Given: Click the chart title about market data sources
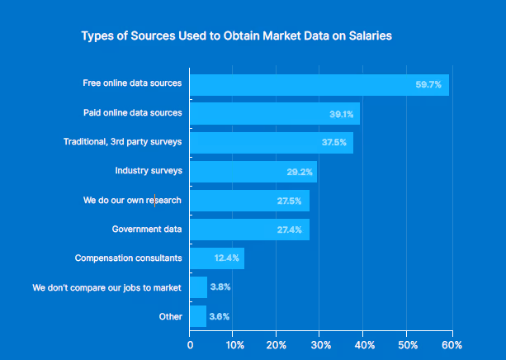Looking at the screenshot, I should tap(236, 36).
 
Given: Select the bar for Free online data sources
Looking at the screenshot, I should tap(319, 84).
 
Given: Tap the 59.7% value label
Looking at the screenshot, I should tap(428, 84).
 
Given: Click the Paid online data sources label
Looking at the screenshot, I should tap(132, 112).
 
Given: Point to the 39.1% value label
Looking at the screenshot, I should tap(342, 114).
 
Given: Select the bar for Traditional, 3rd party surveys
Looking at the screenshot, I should tap(271, 143).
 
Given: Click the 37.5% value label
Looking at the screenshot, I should tap(334, 143).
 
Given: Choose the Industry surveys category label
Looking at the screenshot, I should tap(149, 171).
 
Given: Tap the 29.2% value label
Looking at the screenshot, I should tap(299, 172).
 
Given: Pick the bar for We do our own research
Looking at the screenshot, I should tap(249, 201).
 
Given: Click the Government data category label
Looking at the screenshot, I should tap(146, 229).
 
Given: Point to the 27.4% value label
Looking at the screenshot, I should tap(291, 230).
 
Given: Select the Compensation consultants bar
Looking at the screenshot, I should tap(216, 258).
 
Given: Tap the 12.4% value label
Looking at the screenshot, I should tap(226, 258).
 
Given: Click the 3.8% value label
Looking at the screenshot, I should tap(220, 287).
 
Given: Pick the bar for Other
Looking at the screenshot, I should tap(198, 316).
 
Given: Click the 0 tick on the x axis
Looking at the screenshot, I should tap(191, 344).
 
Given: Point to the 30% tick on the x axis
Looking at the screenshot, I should tap(321, 344).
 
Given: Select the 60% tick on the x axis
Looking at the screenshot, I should tap(452, 344).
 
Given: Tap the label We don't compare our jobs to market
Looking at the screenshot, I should tap(106, 287).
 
